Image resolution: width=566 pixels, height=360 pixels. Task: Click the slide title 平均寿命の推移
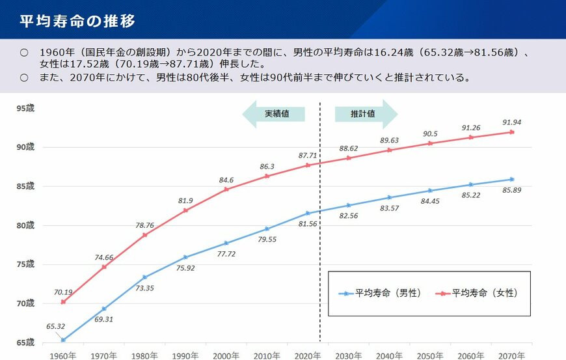[77, 21]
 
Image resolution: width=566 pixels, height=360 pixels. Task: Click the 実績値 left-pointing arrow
[274, 114]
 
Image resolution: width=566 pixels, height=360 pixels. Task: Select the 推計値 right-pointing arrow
[365, 114]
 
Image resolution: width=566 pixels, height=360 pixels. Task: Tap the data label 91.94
[511, 122]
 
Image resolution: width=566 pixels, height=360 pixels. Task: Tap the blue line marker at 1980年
[144, 277]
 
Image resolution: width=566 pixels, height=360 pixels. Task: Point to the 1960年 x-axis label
[63, 355]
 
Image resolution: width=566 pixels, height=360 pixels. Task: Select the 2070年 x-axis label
[511, 355]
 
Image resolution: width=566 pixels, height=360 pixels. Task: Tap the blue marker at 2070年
[511, 180]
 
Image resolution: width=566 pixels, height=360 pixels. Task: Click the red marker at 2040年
[390, 150]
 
